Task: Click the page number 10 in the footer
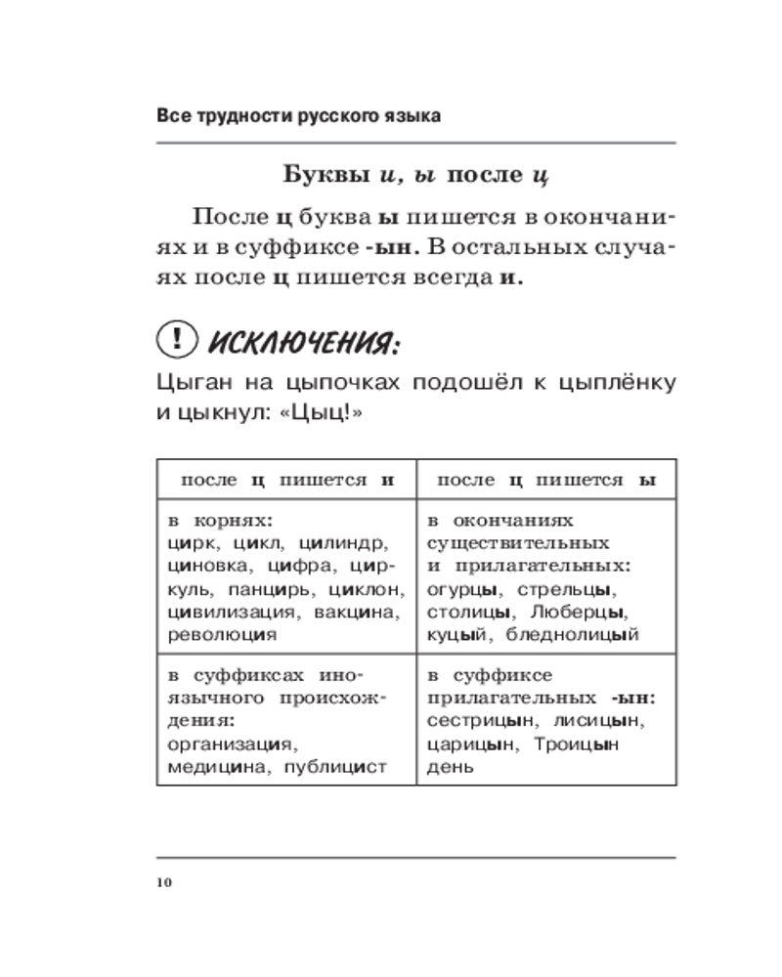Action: (163, 883)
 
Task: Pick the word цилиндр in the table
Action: (342, 543)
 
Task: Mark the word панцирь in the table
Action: (260, 589)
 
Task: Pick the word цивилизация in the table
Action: (233, 613)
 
